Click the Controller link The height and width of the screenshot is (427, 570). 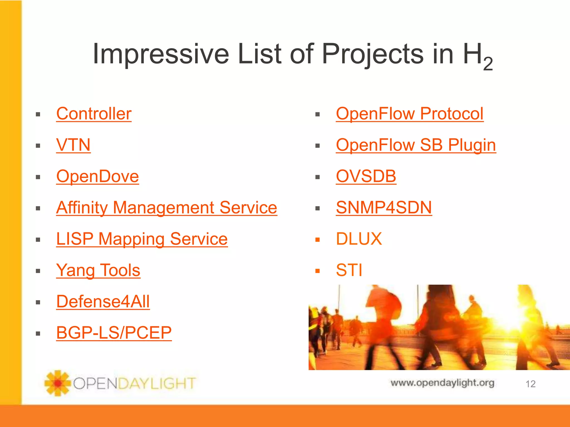tap(94, 114)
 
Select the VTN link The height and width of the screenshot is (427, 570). tap(73, 145)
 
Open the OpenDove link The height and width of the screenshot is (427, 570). tap(97, 176)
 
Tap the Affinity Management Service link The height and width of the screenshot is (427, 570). tap(166, 208)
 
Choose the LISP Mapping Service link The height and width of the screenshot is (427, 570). tap(142, 239)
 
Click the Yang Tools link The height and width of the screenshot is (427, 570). tap(98, 270)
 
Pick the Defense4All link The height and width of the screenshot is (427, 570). tap(103, 302)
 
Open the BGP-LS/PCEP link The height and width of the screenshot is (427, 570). tap(114, 333)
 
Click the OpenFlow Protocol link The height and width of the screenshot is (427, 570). tap(409, 114)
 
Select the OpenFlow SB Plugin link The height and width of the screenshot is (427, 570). tap(416, 145)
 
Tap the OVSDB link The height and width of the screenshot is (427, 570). tap(366, 176)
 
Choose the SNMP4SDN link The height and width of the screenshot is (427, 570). tap(384, 208)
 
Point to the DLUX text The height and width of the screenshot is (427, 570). tap(359, 239)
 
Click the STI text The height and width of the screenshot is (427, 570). tap(349, 270)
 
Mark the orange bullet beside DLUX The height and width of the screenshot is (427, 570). tap(318, 240)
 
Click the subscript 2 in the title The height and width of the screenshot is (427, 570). tap(488, 64)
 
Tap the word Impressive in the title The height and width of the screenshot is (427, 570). tap(161, 54)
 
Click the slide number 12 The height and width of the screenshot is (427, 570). tap(530, 384)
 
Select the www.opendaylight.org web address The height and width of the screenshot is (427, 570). tap(442, 383)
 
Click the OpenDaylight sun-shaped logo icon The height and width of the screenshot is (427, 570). tap(57, 383)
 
